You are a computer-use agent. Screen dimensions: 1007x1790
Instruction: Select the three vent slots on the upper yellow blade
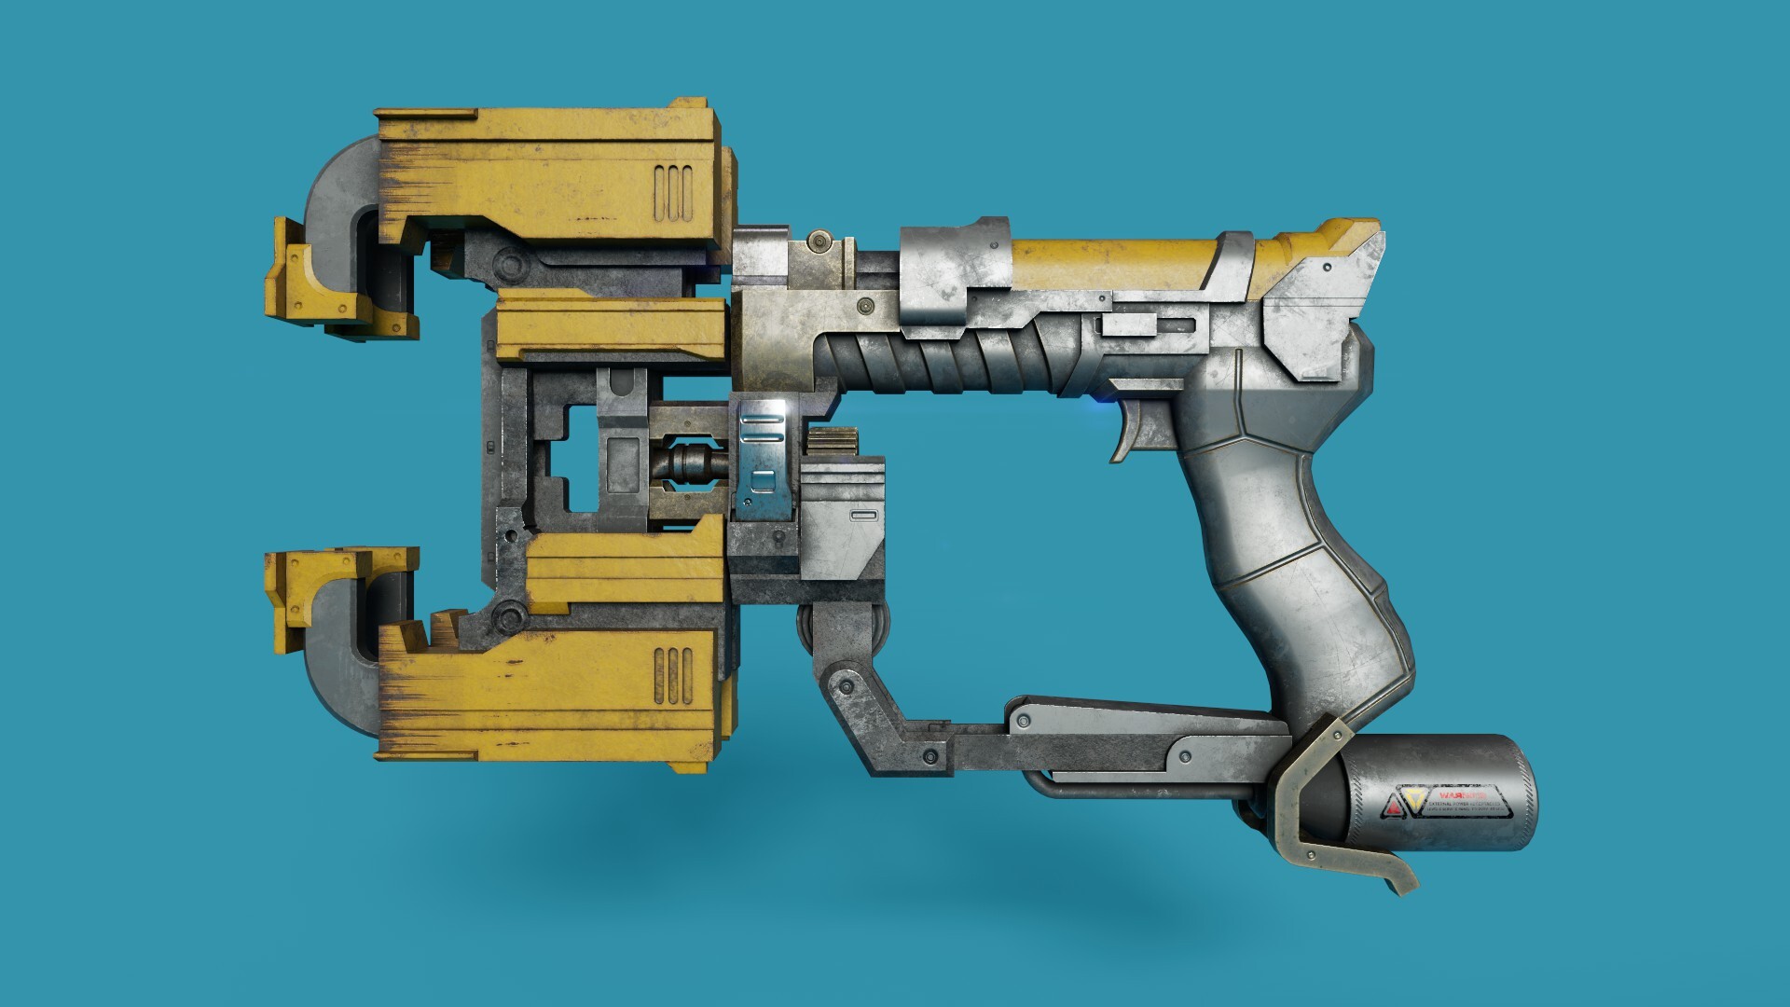[x=673, y=185]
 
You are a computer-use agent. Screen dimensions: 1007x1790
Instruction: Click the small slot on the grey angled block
[x=863, y=515]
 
